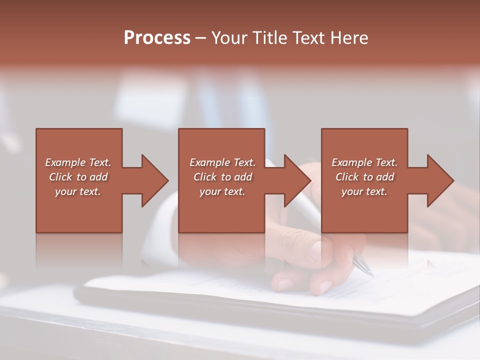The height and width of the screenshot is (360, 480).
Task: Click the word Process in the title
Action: [x=157, y=38]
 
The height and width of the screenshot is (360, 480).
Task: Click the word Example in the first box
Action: [x=65, y=162]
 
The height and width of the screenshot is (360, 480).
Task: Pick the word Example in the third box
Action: [x=351, y=162]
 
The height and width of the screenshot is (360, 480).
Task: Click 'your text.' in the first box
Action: [x=78, y=191]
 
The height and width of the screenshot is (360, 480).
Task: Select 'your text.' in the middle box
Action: [x=222, y=191]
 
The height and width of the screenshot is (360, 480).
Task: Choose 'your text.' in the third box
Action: [x=364, y=191]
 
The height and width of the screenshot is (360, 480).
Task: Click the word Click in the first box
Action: [x=60, y=177]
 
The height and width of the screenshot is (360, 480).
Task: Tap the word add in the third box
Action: [x=385, y=177]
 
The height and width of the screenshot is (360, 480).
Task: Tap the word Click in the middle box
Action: [x=205, y=177]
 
